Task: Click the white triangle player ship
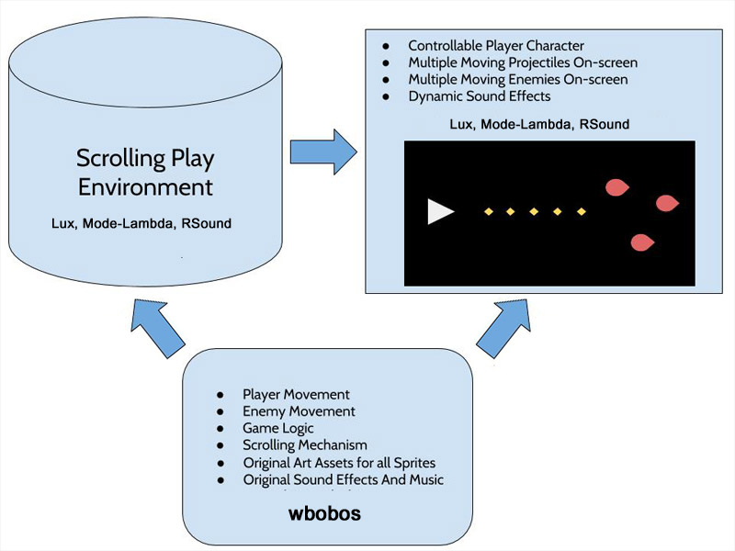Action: point(439,212)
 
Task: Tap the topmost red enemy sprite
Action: point(617,187)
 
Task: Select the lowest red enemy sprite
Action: point(642,242)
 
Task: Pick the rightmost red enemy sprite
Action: point(666,202)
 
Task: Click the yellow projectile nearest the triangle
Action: point(489,212)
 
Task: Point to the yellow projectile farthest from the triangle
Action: point(581,212)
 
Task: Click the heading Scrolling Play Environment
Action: point(145,173)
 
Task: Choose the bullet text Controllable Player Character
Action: point(496,45)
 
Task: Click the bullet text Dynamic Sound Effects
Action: point(480,96)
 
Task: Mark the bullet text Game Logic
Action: point(278,428)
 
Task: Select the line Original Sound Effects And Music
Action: point(344,479)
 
